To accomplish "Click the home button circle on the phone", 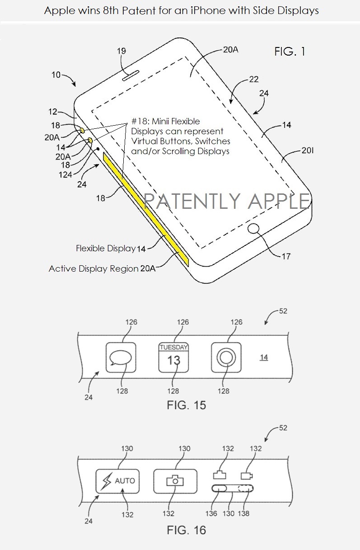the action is pyautogui.click(x=253, y=229).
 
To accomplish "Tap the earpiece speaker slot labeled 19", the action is pyautogui.click(x=131, y=75).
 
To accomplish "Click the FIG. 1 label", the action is pyautogui.click(x=290, y=52).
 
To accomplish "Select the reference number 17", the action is pyautogui.click(x=286, y=256).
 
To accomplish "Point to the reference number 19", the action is pyautogui.click(x=121, y=51).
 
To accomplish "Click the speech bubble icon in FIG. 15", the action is pyautogui.click(x=121, y=357).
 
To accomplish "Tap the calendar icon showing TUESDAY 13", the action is pyautogui.click(x=173, y=357).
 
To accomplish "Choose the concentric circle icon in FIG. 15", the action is pyautogui.click(x=226, y=357).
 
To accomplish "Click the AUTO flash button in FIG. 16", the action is pyautogui.click(x=117, y=481).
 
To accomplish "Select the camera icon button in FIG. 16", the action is pyautogui.click(x=175, y=481).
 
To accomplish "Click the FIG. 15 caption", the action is pyautogui.click(x=187, y=405).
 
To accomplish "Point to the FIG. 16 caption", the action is pyautogui.click(x=187, y=530).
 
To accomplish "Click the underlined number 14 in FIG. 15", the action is pyautogui.click(x=264, y=357).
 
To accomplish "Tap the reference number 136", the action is pyautogui.click(x=211, y=513).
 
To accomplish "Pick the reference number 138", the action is pyautogui.click(x=243, y=513).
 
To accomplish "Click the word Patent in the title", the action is pyautogui.click(x=139, y=11).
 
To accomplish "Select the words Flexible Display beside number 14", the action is pyautogui.click(x=106, y=249).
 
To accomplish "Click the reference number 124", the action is pyautogui.click(x=65, y=175).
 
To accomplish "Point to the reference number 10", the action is pyautogui.click(x=56, y=75).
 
